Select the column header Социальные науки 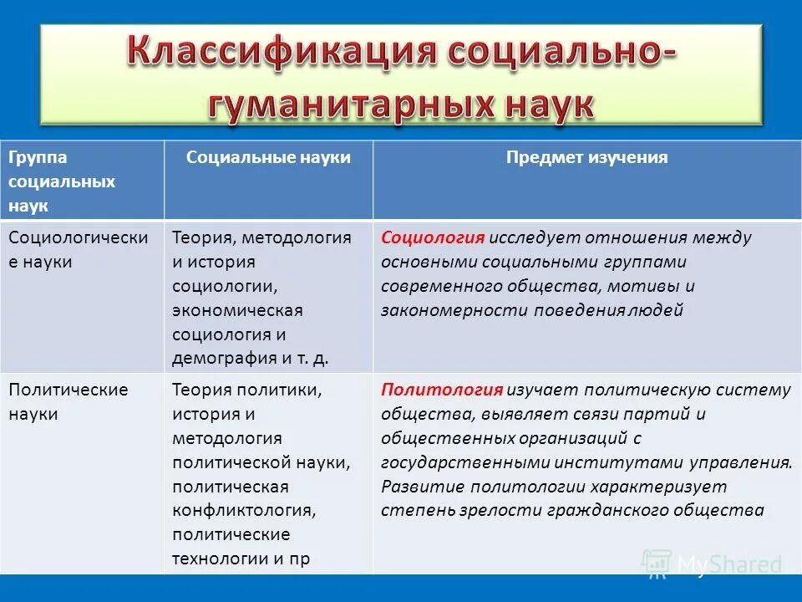tap(268, 158)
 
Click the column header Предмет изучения tap(586, 158)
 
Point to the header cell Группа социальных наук tap(63, 181)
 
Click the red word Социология tap(433, 237)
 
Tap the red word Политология tap(442, 390)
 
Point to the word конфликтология tap(243, 510)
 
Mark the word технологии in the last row tap(220, 559)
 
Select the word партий tap(663, 414)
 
